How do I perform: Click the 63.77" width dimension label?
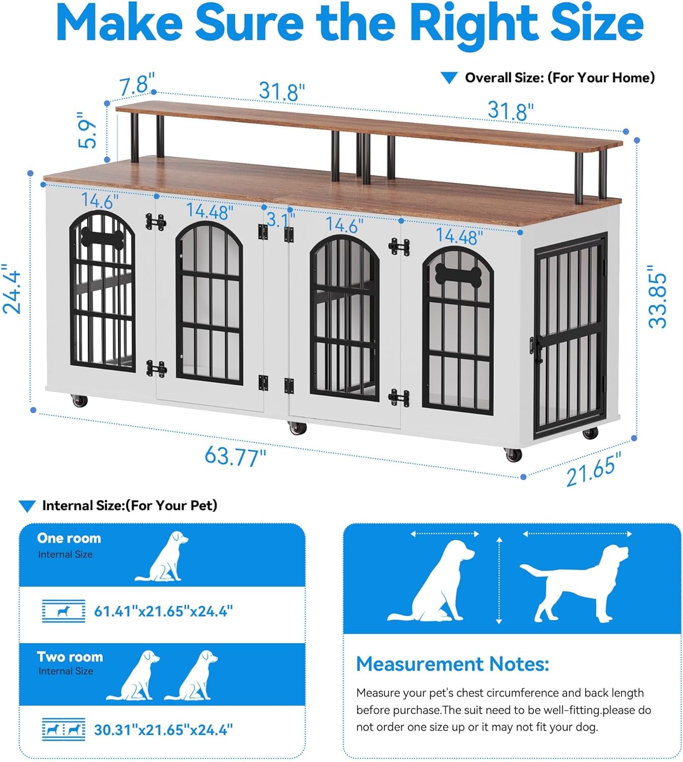pyautogui.click(x=235, y=456)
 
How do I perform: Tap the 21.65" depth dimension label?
pyautogui.click(x=594, y=469)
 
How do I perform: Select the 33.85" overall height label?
pyautogui.click(x=658, y=300)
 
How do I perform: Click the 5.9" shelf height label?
pyautogui.click(x=87, y=133)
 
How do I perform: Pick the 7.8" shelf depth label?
pyautogui.click(x=137, y=84)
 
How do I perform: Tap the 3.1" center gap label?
pyautogui.click(x=280, y=219)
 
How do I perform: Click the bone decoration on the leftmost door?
pyautogui.click(x=102, y=238)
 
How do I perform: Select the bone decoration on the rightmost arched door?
pyautogui.click(x=458, y=275)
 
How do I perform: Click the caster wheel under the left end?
pyautogui.click(x=80, y=401)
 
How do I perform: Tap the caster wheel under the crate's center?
pyautogui.click(x=298, y=428)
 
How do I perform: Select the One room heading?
pyautogui.click(x=69, y=538)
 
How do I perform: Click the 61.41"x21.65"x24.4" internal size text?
pyautogui.click(x=163, y=611)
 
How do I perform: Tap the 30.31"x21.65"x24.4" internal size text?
pyautogui.click(x=163, y=730)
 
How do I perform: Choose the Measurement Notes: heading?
pyautogui.click(x=452, y=664)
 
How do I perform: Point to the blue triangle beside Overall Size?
pyautogui.click(x=449, y=78)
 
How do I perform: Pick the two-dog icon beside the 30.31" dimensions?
pyautogui.click(x=64, y=730)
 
